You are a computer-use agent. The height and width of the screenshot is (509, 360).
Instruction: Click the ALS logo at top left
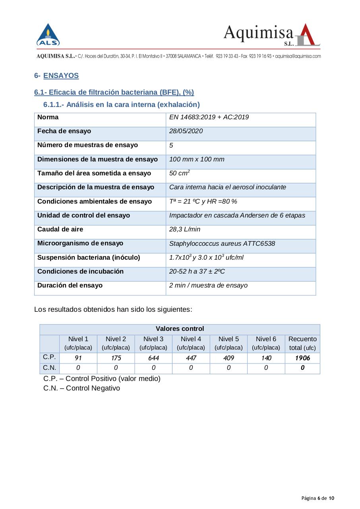click(x=48, y=35)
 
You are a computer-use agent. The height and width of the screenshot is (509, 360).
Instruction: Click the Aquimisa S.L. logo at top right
click(x=272, y=35)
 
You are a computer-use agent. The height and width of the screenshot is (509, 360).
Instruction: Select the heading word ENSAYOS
click(x=61, y=76)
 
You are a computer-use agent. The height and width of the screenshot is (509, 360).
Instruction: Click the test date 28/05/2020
click(x=186, y=131)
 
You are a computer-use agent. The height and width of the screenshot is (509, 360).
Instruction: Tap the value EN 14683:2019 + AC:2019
click(x=209, y=117)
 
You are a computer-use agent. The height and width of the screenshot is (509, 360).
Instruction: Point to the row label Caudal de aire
click(x=60, y=229)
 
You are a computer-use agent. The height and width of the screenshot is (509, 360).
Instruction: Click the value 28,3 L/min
click(x=185, y=229)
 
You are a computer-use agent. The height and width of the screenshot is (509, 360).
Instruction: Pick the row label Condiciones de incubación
click(x=80, y=272)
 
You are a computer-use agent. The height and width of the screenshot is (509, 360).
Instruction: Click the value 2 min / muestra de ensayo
click(x=208, y=286)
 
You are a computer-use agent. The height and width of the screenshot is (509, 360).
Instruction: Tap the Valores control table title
click(x=180, y=329)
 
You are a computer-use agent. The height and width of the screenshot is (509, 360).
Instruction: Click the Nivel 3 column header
click(x=153, y=343)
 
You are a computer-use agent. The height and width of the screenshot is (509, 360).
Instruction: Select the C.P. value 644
click(x=153, y=358)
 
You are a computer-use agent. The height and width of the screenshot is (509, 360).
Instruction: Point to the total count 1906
click(x=302, y=358)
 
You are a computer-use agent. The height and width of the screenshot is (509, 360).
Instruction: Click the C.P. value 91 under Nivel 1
click(x=78, y=358)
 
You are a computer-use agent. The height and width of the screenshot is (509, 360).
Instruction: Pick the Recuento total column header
click(x=302, y=343)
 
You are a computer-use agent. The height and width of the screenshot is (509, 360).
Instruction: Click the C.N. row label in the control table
click(x=49, y=368)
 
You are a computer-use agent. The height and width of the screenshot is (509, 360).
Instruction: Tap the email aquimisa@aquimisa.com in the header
click(x=298, y=56)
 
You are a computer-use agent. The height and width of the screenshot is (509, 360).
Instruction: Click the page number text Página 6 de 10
click(x=318, y=498)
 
